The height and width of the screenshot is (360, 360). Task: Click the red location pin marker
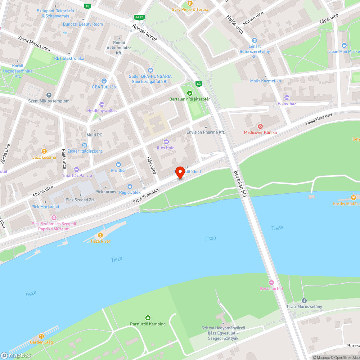[x=180, y=172]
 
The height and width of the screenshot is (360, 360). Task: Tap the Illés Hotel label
[x=166, y=148]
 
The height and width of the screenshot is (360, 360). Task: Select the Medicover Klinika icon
[x=260, y=126]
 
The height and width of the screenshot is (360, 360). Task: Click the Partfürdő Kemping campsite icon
[x=148, y=318]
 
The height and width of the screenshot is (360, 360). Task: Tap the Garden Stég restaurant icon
[x=41, y=336]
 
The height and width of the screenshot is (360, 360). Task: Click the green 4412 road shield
[x=139, y=17]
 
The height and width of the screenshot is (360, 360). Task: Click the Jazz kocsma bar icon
[x=44, y=151]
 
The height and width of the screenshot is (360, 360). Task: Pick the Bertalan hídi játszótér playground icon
[x=190, y=93]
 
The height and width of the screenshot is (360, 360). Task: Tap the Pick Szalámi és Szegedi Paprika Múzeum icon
[x=54, y=217]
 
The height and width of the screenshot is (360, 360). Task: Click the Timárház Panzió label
[x=76, y=175]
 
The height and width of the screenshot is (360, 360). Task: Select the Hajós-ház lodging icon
[x=287, y=98]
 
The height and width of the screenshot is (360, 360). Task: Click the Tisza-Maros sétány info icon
[x=304, y=300]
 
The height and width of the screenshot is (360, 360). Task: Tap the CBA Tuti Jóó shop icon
[x=104, y=81]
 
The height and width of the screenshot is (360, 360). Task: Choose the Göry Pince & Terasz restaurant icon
[x=190, y=3]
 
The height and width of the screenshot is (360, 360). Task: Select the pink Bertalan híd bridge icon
[x=271, y=283]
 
